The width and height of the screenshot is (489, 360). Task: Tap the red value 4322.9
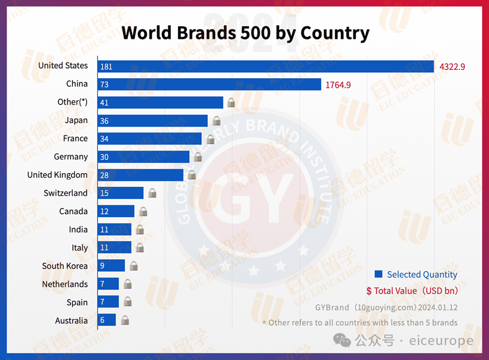click(x=452, y=66)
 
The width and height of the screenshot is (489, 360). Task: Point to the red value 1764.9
click(x=338, y=85)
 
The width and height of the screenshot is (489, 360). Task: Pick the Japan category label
click(x=76, y=120)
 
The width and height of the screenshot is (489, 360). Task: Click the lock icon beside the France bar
click(x=210, y=139)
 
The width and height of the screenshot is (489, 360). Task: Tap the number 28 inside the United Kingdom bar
click(x=105, y=176)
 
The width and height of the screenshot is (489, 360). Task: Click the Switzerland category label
click(x=66, y=193)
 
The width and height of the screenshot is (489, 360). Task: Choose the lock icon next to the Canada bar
click(x=143, y=211)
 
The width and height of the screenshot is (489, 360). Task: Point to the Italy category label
click(x=80, y=248)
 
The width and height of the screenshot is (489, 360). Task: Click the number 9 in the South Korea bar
click(x=103, y=266)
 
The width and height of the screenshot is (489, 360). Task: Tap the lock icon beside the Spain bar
click(x=128, y=302)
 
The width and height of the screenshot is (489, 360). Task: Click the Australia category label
click(x=72, y=321)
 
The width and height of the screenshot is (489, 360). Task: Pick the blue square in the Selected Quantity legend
click(x=379, y=274)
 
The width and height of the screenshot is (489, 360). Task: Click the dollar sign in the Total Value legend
click(x=369, y=291)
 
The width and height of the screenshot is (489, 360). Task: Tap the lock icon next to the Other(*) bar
click(x=231, y=103)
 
